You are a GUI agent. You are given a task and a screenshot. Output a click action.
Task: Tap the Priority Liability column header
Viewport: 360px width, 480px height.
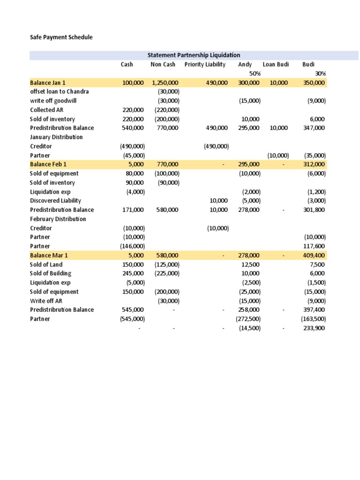(205, 65)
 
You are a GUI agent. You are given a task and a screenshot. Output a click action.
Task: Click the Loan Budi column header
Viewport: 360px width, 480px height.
(276, 65)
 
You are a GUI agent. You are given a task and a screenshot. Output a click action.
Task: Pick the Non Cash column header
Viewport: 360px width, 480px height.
(163, 65)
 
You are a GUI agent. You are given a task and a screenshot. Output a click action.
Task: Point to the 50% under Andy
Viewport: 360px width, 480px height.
(255, 74)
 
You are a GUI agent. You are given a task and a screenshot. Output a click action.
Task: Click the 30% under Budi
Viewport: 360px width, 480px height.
(320, 74)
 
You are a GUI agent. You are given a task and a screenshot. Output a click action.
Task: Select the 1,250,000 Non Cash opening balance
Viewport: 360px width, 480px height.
(165, 83)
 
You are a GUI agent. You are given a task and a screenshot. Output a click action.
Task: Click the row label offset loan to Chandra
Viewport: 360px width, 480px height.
(59, 92)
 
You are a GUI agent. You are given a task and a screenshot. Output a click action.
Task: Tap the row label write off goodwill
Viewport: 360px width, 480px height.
(53, 101)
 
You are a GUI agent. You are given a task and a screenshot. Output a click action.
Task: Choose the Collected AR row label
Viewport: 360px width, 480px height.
(47, 110)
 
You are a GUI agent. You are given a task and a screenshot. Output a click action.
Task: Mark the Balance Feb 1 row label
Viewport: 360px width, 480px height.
(48, 165)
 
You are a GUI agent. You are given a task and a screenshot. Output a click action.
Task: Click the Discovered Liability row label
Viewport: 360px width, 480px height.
(55, 201)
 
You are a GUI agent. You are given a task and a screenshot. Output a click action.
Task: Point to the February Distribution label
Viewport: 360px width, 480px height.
(58, 219)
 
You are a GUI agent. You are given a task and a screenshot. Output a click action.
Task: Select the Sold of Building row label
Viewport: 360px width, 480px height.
(51, 273)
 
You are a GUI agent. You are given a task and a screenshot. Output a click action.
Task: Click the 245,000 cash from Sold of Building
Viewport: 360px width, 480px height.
(134, 273)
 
